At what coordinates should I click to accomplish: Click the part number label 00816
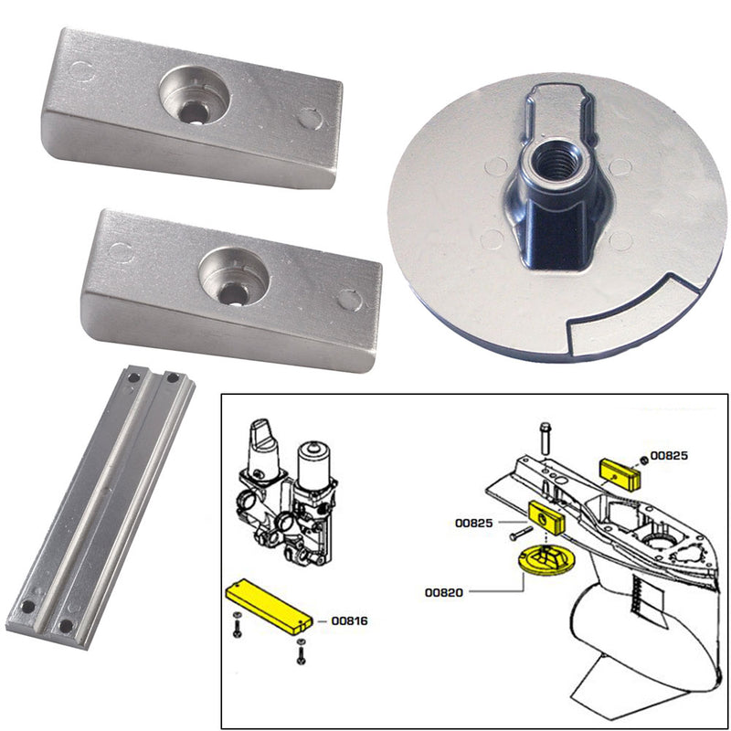[348, 621]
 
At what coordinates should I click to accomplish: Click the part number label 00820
[442, 592]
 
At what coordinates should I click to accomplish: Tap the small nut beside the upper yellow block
[645, 457]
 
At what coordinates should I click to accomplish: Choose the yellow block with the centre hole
[548, 520]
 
